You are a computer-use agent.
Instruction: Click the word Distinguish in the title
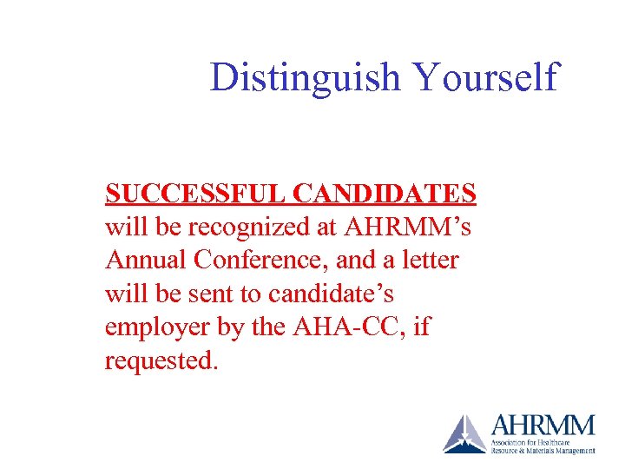click(x=305, y=77)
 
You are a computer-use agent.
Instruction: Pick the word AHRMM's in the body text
click(x=409, y=228)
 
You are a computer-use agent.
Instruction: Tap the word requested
click(x=160, y=360)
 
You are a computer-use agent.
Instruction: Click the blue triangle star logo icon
click(x=464, y=433)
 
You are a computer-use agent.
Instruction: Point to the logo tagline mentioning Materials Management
click(x=543, y=451)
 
